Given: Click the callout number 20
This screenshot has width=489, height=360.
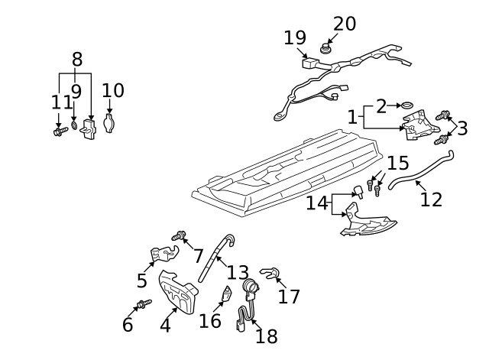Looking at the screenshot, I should (344, 24).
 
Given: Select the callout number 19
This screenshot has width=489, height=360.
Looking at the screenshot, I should (295, 37).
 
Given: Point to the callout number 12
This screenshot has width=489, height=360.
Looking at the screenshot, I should (431, 199).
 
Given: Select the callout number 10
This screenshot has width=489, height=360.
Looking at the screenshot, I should (112, 91).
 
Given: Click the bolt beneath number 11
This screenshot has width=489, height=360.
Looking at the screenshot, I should (58, 132).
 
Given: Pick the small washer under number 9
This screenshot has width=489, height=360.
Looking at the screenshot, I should (74, 124).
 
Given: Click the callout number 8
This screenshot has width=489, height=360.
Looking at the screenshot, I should (76, 59).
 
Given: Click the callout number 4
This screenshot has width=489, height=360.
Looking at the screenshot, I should (164, 325).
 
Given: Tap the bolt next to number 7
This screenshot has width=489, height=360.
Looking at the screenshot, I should (180, 235).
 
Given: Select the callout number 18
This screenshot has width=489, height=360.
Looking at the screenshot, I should (267, 336).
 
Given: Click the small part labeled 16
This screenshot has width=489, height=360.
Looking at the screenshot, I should (226, 294).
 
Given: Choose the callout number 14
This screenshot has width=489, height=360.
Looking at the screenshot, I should (317, 203).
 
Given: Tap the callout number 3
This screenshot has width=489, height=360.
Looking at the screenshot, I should (462, 128).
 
